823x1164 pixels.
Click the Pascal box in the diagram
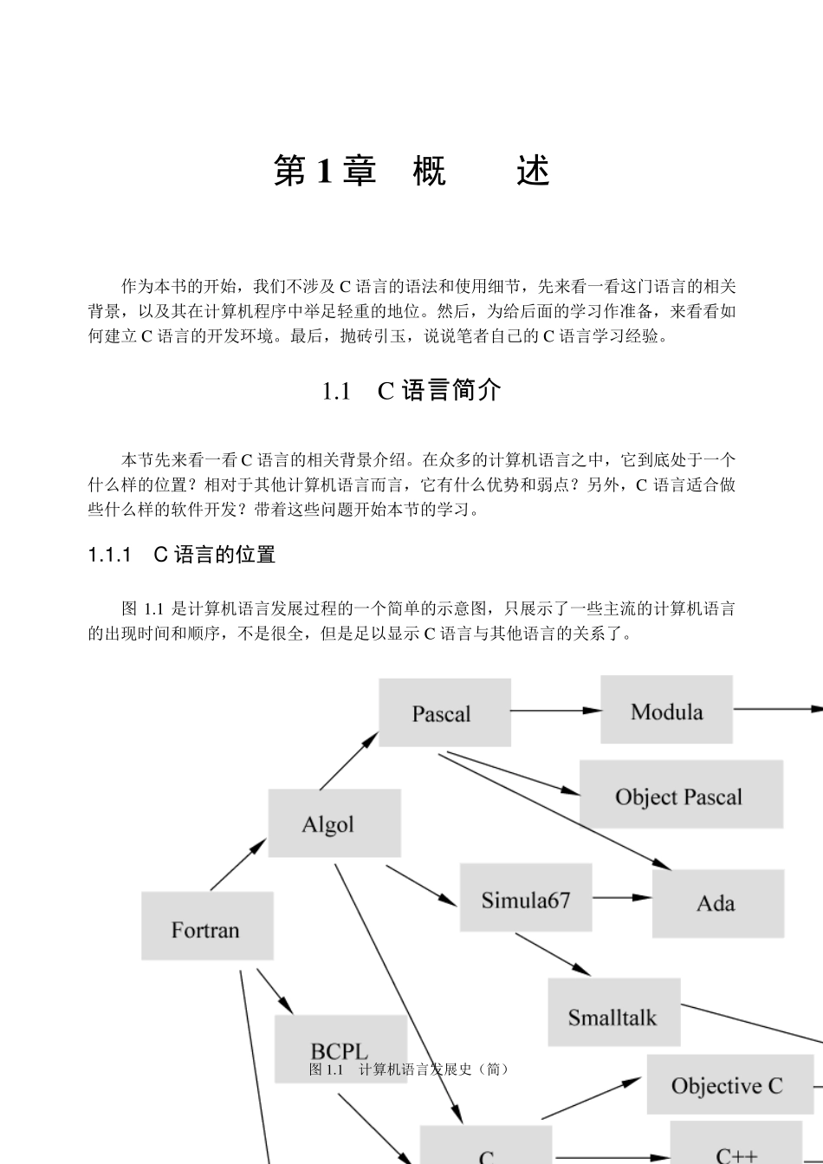[x=444, y=712]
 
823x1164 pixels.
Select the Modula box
[x=666, y=711]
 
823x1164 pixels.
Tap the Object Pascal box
[x=680, y=795]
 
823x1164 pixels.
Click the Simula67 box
[x=526, y=899]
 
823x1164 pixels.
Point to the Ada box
[x=717, y=903]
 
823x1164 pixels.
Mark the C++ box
[x=736, y=1148]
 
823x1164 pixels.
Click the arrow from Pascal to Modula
[x=555, y=711]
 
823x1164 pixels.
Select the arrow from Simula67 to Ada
[x=622, y=898]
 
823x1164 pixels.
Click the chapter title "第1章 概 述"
[x=411, y=171]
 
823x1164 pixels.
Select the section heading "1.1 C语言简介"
[x=411, y=391]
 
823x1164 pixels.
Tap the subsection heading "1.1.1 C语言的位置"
[x=182, y=555]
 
